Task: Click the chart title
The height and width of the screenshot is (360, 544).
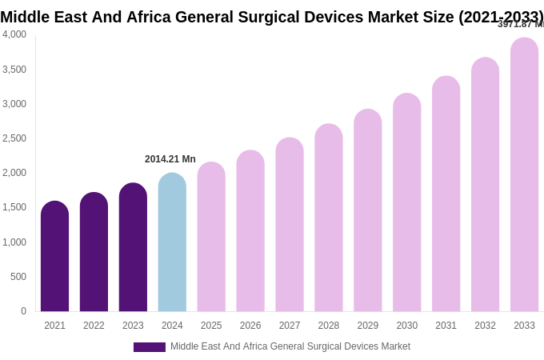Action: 272,17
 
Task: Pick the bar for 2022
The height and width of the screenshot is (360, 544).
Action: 94,252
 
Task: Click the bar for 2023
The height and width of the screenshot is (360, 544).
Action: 133,247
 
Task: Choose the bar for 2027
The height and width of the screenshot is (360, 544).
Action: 290,225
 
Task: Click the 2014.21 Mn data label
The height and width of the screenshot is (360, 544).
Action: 170,159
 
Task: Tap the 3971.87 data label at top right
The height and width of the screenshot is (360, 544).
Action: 521,25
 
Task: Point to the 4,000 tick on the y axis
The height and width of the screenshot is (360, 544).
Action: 14,34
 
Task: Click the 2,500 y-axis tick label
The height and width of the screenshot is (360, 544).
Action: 14,138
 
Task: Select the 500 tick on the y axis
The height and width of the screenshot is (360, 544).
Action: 18,277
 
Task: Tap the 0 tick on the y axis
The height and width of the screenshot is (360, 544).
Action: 23,311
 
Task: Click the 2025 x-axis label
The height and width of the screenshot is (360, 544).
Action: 211,326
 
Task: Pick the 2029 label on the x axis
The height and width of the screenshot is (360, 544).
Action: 368,326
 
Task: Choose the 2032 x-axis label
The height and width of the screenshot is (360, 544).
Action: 485,326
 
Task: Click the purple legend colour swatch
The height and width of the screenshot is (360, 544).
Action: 150,347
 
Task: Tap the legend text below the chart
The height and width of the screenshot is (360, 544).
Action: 290,346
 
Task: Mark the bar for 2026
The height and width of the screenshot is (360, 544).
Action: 250,231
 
